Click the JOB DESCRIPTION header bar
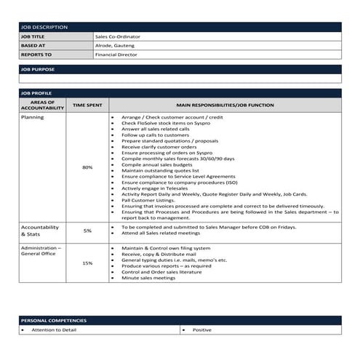click(x=180, y=27)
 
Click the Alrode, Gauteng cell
click(x=115, y=45)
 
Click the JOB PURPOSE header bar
click(x=180, y=69)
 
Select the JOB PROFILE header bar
click(x=180, y=94)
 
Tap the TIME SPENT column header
click(x=87, y=105)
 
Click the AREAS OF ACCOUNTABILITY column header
click(x=42, y=105)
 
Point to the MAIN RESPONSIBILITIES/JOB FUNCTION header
click(x=225, y=105)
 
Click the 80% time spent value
click(x=87, y=167)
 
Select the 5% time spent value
click(x=87, y=231)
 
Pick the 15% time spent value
click(x=87, y=263)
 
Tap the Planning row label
click(x=33, y=117)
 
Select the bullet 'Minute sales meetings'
click(x=148, y=278)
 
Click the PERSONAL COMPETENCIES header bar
click(x=180, y=321)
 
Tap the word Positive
click(x=202, y=330)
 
